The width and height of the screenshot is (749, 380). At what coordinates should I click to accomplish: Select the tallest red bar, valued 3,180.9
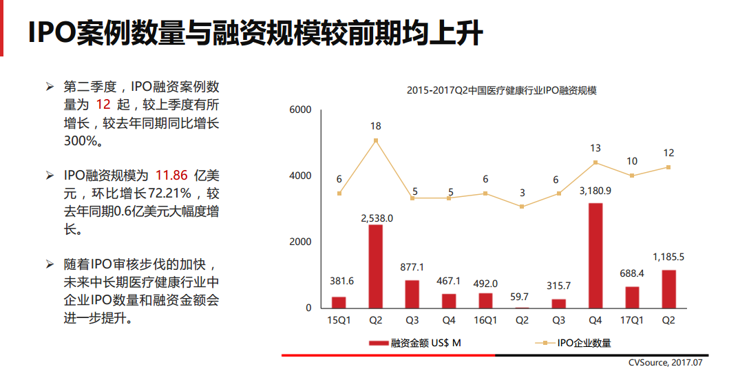[x=596, y=255]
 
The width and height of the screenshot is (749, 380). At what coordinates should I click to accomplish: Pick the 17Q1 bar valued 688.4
[x=632, y=297]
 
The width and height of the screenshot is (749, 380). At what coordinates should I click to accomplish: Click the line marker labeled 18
[x=376, y=140]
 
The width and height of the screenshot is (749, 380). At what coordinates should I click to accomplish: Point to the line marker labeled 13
[x=595, y=162]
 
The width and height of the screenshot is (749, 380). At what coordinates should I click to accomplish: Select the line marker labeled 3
[x=523, y=207]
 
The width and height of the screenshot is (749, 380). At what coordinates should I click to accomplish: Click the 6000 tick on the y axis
[x=301, y=110]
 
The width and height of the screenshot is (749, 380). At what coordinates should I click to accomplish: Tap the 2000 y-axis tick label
[x=301, y=242]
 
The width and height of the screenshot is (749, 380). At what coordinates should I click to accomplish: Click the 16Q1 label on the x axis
[x=485, y=320]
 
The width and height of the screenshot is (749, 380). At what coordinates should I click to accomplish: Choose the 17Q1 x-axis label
[x=632, y=320]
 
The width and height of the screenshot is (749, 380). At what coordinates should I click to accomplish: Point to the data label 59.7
[x=523, y=296]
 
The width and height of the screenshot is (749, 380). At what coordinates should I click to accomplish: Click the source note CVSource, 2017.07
[x=666, y=362]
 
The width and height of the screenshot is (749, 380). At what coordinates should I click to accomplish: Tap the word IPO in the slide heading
[x=52, y=33]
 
